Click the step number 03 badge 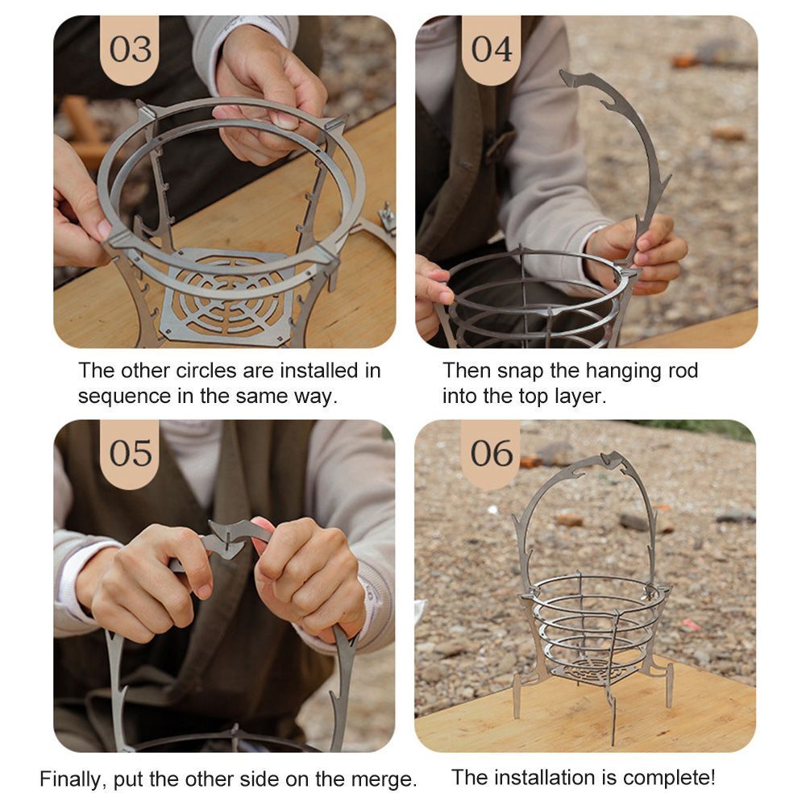pyautogui.click(x=130, y=49)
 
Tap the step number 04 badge pyautogui.click(x=492, y=49)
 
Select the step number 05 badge pyautogui.click(x=130, y=453)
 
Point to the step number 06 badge pyautogui.click(x=491, y=453)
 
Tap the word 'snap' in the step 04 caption pyautogui.click(x=521, y=371)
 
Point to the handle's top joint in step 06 pyautogui.click(x=612, y=459)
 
